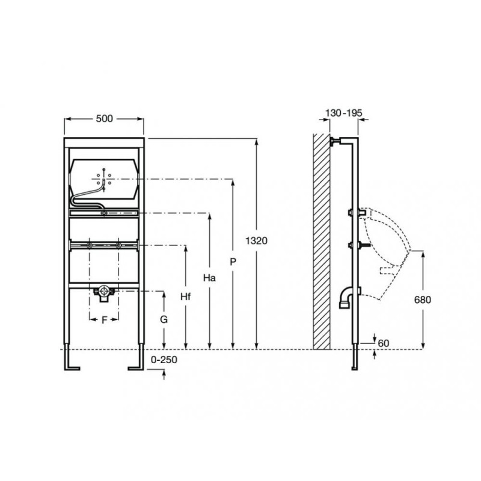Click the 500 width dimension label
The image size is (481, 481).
pos(104,118)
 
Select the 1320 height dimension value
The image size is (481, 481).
pos(257,241)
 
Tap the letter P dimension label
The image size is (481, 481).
pos(233,262)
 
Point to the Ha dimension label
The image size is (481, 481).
pos(209,278)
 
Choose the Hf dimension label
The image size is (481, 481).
pos(186,296)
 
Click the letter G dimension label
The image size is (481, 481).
pos(164,320)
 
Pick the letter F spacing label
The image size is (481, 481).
pos(104,320)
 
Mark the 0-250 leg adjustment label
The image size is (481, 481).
pos(164,360)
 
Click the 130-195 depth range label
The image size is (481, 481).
pos(343,113)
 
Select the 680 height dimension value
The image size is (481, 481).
pos(423,299)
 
